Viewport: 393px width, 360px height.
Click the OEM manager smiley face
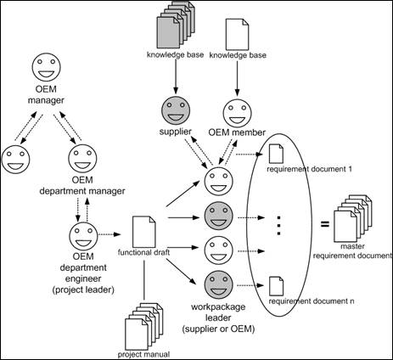(x=46, y=69)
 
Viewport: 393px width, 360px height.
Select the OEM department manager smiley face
(x=82, y=159)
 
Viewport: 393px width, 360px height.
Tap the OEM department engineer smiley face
(x=83, y=235)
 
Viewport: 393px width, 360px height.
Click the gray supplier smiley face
(x=176, y=111)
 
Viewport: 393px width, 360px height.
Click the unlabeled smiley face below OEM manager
(x=15, y=159)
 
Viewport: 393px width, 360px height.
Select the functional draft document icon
(x=144, y=232)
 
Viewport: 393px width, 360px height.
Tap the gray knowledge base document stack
(x=176, y=25)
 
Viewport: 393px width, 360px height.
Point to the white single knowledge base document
(x=237, y=34)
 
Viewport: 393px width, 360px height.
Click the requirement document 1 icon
(x=276, y=154)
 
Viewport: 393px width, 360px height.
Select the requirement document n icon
(x=276, y=286)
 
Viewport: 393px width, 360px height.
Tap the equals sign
(x=325, y=224)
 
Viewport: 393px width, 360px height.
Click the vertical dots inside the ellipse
(x=278, y=226)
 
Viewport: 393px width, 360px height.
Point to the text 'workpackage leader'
(x=218, y=312)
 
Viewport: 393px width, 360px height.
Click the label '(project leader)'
(x=83, y=290)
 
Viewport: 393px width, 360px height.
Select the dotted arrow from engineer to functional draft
(x=109, y=234)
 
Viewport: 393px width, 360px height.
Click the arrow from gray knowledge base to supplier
(x=176, y=76)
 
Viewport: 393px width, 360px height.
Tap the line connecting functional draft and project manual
(x=144, y=279)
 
